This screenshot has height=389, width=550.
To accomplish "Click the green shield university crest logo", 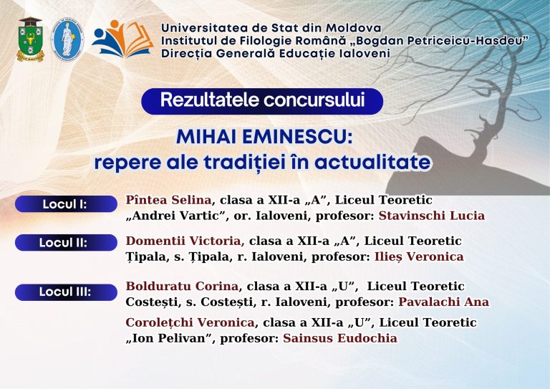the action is point(31,39).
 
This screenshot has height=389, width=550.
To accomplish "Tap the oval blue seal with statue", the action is point(67,40).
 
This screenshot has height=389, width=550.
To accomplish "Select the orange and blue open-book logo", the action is point(122,39).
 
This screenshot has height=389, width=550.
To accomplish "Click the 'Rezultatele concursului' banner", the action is point(262,101).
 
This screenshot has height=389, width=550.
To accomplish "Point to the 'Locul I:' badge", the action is point(66,203).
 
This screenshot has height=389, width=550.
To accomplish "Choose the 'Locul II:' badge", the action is point(66,242).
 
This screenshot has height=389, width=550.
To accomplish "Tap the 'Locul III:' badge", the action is point(66,292).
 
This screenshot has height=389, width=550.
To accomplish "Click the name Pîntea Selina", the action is point(168,200).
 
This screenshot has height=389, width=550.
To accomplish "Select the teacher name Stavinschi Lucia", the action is point(432,216).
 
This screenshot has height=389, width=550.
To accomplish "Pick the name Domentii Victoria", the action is point(185,241).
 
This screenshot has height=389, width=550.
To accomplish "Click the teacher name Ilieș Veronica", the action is point(419,256).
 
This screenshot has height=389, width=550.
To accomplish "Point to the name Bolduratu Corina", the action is point(182,287).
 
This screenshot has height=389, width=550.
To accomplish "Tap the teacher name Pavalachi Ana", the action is point(444,302).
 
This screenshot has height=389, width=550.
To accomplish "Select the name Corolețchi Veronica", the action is point(190,322).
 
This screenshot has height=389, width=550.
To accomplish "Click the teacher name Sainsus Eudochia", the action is point(340,338).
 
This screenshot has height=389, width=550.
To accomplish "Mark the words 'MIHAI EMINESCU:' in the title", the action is point(264,137).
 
